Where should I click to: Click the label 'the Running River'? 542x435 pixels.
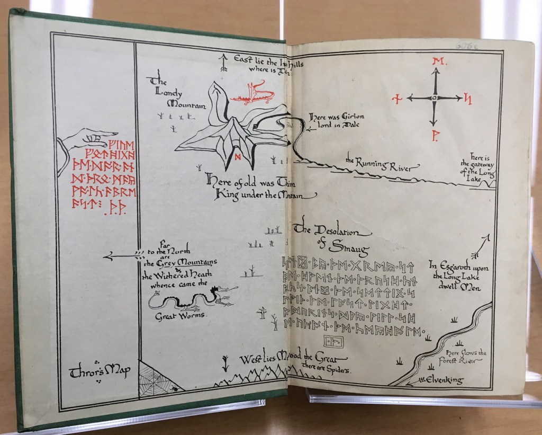click(x=378, y=163)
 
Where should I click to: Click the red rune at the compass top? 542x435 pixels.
click(x=437, y=63)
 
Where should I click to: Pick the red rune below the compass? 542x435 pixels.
click(x=433, y=136)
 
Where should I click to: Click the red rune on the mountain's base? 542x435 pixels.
click(x=238, y=156)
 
